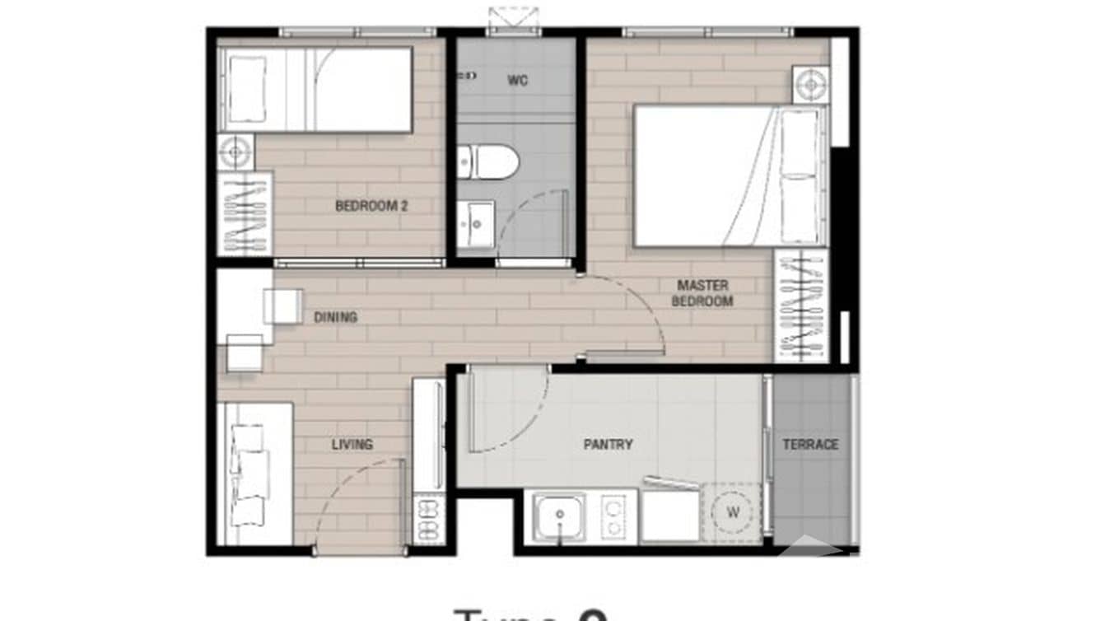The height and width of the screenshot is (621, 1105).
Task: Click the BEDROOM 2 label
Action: click(x=371, y=206)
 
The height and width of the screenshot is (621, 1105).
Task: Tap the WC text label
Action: click(x=517, y=81)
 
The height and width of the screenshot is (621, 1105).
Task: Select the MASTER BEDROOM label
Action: click(x=702, y=293)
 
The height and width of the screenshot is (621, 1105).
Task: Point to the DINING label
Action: click(x=335, y=317)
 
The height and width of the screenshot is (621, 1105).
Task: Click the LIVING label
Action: click(x=352, y=445)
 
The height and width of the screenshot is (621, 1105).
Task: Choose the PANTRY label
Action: click(x=608, y=445)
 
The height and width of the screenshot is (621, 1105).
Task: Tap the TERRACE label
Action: click(x=810, y=445)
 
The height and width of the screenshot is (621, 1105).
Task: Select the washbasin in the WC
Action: click(x=476, y=222)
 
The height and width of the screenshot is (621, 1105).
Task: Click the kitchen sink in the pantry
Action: click(x=559, y=516)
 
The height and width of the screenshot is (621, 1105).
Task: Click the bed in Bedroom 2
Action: click(x=315, y=89)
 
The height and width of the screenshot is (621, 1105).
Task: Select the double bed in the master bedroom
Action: click(x=730, y=175)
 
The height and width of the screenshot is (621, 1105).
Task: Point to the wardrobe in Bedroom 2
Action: click(x=245, y=213)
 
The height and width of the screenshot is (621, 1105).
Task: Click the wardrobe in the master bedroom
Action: click(x=800, y=305)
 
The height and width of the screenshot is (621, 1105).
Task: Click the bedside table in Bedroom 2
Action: click(x=236, y=152)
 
